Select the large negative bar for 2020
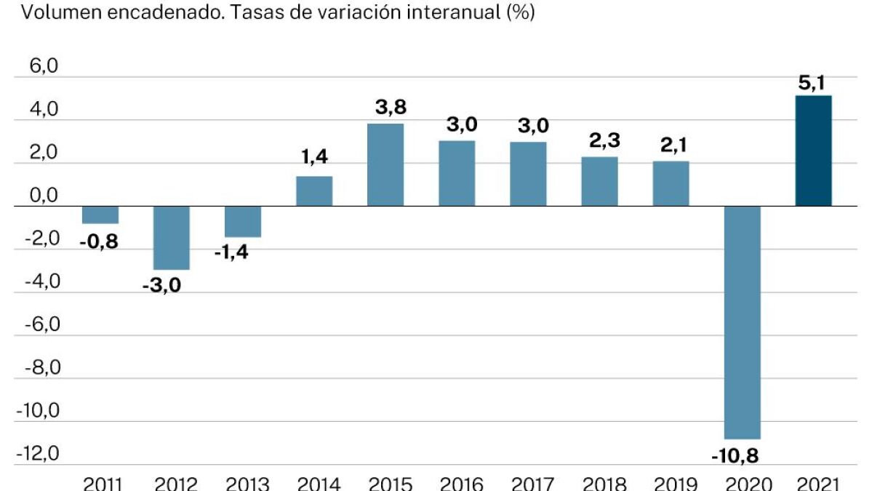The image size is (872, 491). coord(742,322)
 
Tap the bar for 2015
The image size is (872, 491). coord(385,165)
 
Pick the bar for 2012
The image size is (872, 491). coord(172,238)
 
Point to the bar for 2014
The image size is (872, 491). coord(314,191)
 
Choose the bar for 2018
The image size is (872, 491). coord(599,182)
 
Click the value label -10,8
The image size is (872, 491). coord(742,456)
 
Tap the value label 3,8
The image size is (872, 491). coord(385,108)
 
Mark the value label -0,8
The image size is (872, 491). coord(100,240)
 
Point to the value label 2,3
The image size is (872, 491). coord(599,140)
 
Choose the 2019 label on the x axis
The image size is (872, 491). coord(671,483)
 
